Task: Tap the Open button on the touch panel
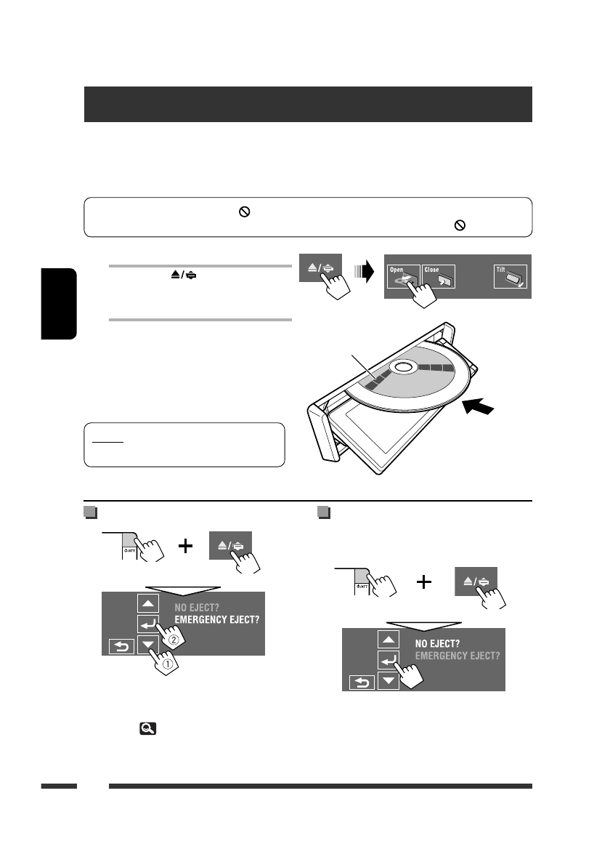pos(402,277)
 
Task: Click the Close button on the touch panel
pos(438,277)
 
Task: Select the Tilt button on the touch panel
pos(511,277)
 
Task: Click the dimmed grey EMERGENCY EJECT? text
pos(457,656)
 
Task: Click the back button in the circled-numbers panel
pos(121,645)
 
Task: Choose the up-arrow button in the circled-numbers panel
pos(148,603)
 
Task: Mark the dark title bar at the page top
pos(308,104)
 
